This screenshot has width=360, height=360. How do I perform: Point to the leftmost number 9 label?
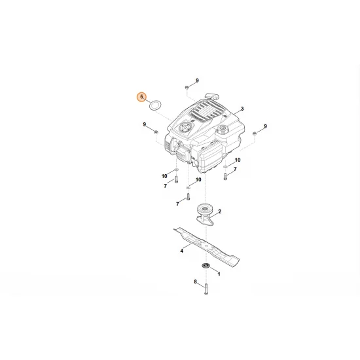144,124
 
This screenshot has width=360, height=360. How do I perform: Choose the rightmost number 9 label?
265,126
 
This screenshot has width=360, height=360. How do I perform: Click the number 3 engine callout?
242,109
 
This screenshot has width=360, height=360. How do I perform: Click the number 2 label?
219,211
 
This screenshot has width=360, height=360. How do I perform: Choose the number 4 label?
181,251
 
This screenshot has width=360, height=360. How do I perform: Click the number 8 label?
195,282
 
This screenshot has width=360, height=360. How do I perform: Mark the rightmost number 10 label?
237,160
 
